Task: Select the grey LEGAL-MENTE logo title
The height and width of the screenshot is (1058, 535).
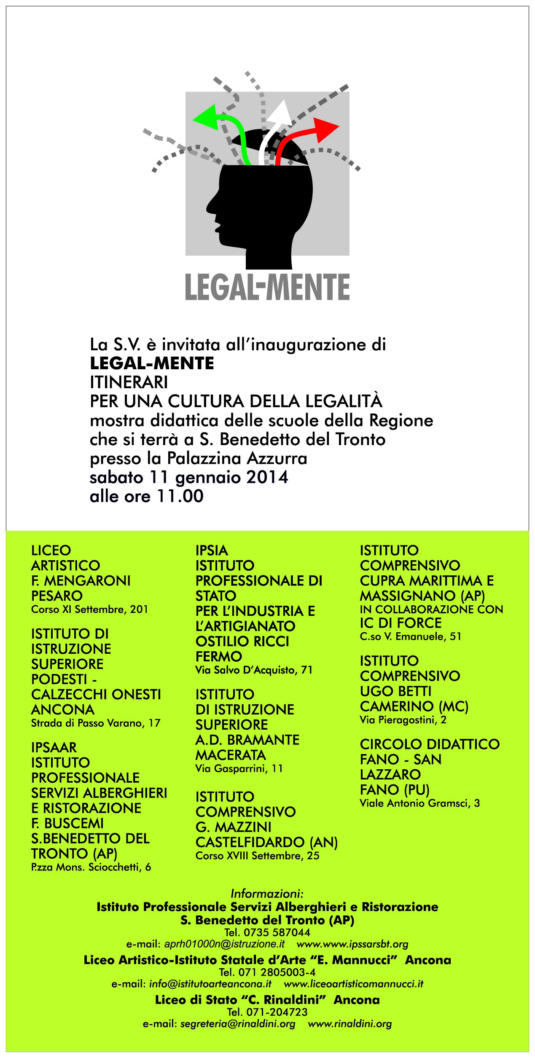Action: (x=267, y=287)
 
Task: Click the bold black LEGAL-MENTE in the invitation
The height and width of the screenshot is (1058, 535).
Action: (x=152, y=363)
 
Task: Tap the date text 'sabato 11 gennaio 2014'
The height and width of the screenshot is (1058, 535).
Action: (x=189, y=478)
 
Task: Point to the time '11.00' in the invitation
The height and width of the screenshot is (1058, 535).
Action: (x=180, y=497)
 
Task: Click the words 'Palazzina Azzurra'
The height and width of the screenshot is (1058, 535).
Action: (x=237, y=459)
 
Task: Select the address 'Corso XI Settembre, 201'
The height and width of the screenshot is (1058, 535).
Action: (x=89, y=610)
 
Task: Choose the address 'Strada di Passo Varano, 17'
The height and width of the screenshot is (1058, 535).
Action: (x=96, y=723)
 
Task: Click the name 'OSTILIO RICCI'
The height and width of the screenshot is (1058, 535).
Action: (x=242, y=642)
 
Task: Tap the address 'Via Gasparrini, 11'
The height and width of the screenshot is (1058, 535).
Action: (x=239, y=769)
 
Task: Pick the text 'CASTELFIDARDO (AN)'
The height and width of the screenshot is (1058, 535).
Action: (x=266, y=843)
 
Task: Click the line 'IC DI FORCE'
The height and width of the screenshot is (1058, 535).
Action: (x=401, y=623)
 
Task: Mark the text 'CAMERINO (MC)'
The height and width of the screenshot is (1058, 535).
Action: (x=414, y=706)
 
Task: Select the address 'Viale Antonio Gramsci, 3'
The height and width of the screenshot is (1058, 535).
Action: (x=419, y=803)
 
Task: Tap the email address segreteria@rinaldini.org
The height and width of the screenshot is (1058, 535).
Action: (x=237, y=1024)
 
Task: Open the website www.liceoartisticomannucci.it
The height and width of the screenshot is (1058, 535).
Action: (x=353, y=984)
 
